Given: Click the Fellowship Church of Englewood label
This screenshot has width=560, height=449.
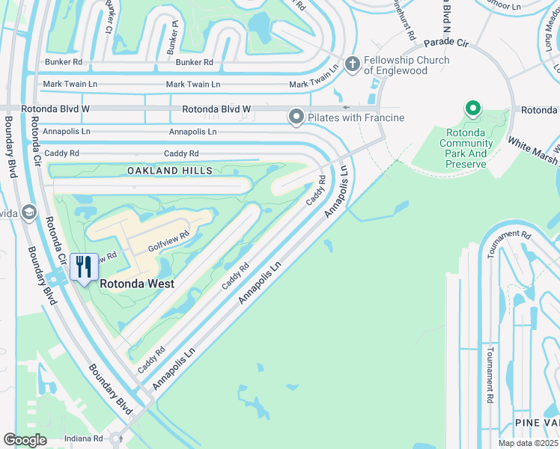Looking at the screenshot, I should tap(407, 66).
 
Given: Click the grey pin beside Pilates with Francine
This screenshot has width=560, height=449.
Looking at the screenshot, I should tap(297, 117).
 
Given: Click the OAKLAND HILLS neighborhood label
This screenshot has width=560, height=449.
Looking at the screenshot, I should tap(170, 171).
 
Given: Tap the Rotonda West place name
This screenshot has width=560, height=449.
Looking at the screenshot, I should tap(137, 284).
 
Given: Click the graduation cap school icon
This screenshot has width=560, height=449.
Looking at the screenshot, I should tap(29, 213).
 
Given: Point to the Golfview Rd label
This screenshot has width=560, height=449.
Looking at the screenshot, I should tap(166, 239).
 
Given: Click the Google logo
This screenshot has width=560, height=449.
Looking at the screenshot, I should tap(25, 440).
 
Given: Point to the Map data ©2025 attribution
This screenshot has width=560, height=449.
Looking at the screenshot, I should tap(527, 443).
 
